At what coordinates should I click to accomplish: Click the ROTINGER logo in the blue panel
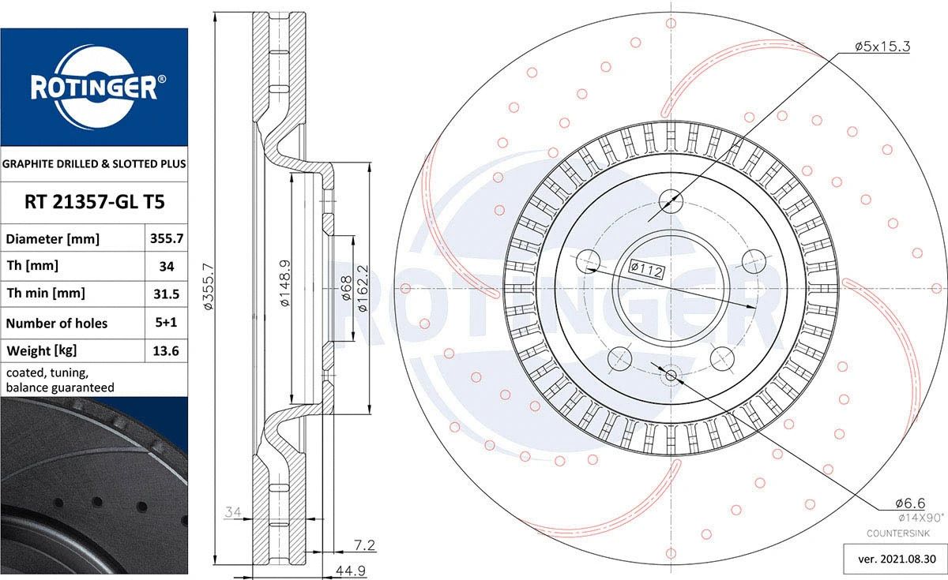94,88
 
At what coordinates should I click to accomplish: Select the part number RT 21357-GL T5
94,202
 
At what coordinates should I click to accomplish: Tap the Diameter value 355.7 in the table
167,238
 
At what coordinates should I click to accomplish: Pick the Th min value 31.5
167,294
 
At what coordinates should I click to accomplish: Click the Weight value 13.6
166,351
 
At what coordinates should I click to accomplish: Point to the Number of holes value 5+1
166,323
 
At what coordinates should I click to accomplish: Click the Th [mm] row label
32,266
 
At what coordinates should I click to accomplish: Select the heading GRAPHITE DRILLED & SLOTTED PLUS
94,163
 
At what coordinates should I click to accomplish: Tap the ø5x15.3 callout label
882,46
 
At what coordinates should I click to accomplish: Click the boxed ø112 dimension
646,268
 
